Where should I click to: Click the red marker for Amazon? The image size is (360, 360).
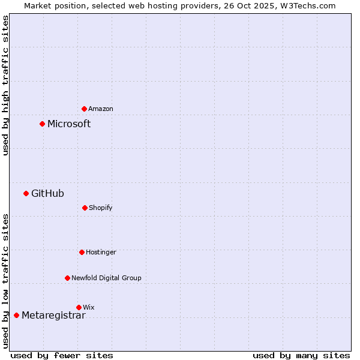point(85,109)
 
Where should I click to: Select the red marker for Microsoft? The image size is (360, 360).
point(43,124)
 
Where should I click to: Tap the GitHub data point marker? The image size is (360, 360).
point(26,193)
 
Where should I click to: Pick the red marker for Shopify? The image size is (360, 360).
point(85,208)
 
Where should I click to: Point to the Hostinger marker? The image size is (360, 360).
point(82,252)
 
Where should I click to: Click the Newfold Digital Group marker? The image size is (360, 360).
point(68,278)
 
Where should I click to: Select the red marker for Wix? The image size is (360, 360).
point(79,307)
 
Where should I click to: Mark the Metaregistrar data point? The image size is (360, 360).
point(17,316)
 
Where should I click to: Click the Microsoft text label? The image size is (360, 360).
point(69,124)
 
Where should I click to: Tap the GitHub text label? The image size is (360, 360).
point(47,193)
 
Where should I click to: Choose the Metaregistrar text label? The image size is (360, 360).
point(53,316)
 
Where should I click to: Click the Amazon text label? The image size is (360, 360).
point(101,109)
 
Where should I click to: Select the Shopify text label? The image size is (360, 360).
point(101,208)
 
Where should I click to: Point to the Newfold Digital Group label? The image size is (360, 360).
point(106,278)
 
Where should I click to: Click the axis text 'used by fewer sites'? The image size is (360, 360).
point(62,355)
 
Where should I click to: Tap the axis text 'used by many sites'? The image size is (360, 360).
point(301,355)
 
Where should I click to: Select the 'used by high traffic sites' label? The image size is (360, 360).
point(5,86)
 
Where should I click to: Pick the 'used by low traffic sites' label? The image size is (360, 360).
point(5,281)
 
